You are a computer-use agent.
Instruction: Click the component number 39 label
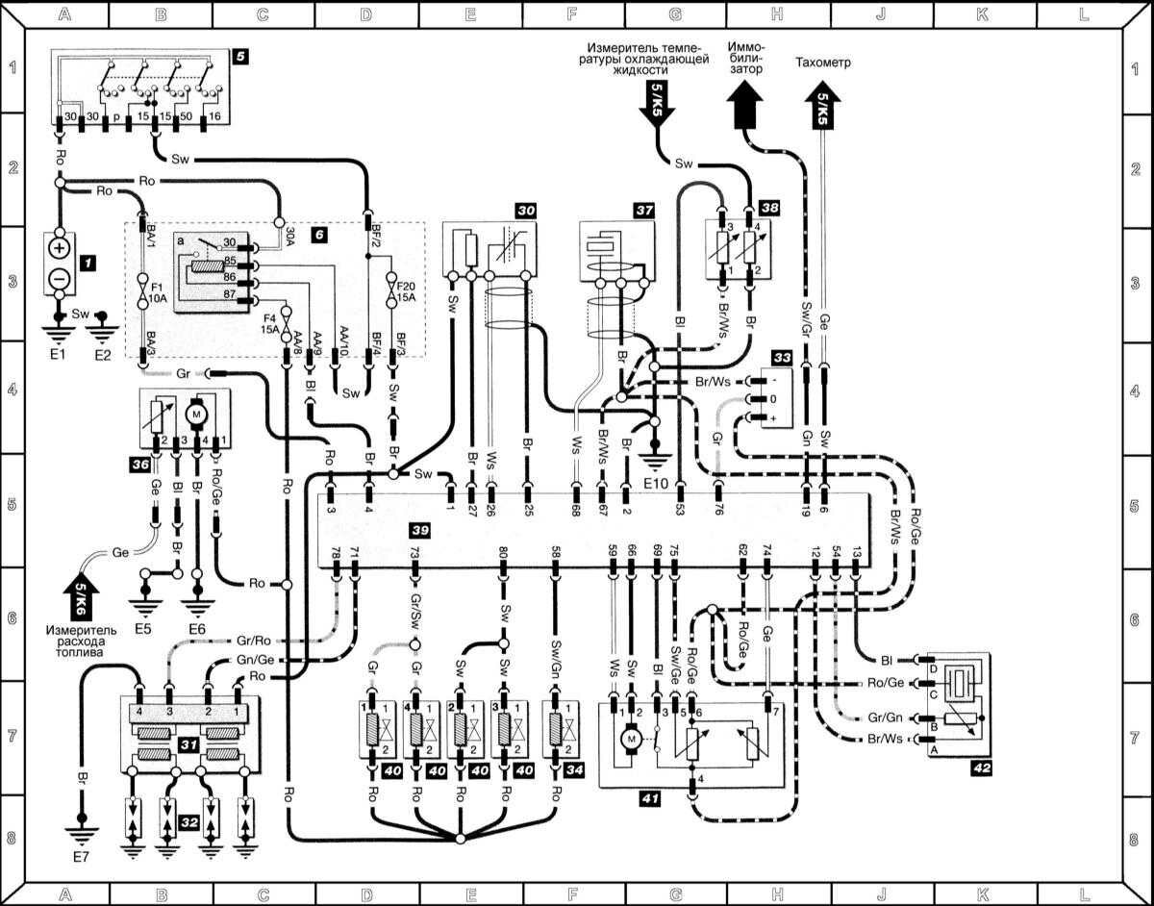tap(419, 532)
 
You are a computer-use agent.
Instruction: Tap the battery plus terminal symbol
tap(60, 248)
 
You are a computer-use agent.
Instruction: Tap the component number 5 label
tap(240, 57)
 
